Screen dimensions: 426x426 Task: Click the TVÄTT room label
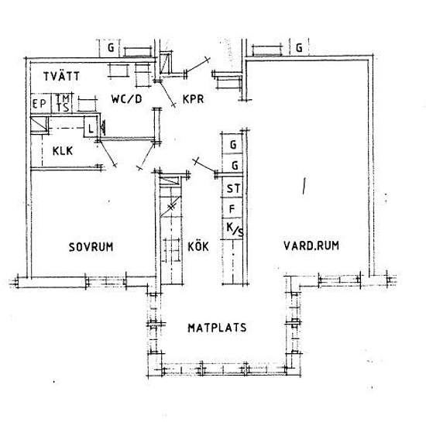62,76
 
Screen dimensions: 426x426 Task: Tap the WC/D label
126,99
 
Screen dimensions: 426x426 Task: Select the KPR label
193,99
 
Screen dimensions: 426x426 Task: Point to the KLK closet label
63,151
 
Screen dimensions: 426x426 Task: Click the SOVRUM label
91,247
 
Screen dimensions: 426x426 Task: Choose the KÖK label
198,246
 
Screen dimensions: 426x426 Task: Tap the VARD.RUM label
311,246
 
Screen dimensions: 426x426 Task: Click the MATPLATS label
217,328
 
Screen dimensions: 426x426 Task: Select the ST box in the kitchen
232,187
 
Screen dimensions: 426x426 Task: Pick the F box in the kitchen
232,208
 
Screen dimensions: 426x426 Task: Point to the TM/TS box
62,103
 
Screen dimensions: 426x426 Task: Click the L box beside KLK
91,127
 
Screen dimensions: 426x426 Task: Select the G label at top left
111,48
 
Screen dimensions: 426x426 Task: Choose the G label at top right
299,48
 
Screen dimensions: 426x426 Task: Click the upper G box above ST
232,144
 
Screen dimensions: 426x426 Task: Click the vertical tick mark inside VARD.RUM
304,186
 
